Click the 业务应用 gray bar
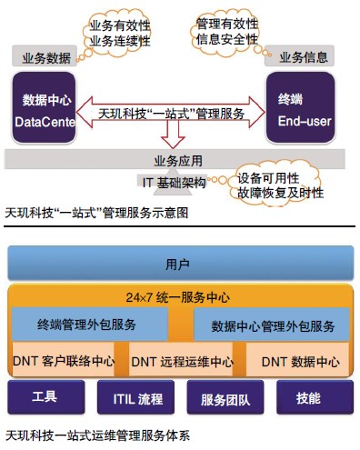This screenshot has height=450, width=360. point(177,161)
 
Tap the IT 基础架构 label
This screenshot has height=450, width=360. point(176,184)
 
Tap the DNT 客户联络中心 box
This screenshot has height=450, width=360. point(67,361)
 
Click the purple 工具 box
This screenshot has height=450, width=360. point(45,398)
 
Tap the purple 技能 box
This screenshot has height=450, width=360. point(308,398)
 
